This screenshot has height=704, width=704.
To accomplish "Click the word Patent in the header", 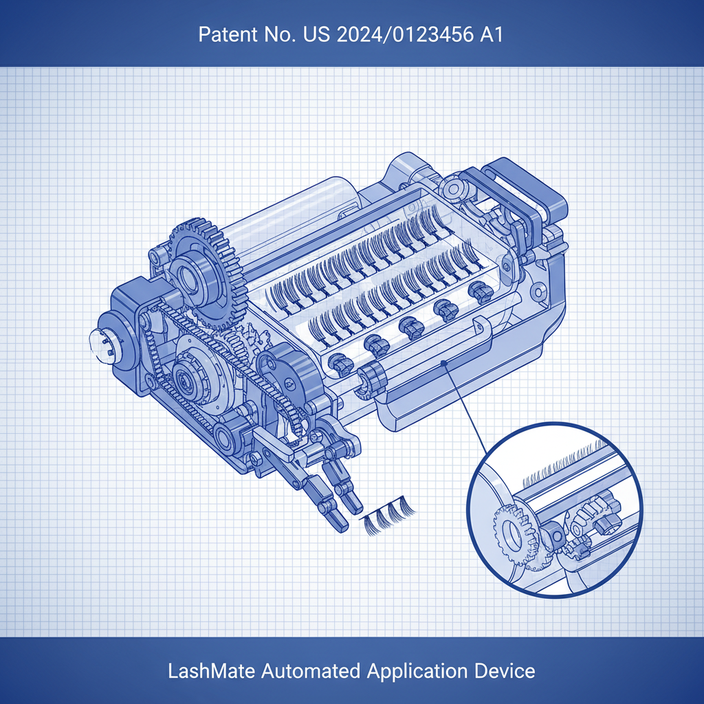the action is (222, 34).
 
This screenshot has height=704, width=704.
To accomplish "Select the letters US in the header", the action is (317, 34).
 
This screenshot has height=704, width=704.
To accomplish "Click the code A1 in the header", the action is (491, 34).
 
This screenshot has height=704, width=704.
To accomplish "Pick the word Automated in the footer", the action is (311, 671).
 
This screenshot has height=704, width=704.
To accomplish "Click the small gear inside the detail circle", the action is (516, 535).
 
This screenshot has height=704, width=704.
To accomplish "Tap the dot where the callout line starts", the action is (443, 363).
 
